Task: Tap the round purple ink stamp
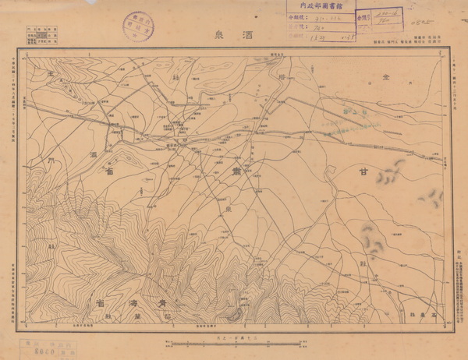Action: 138,23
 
